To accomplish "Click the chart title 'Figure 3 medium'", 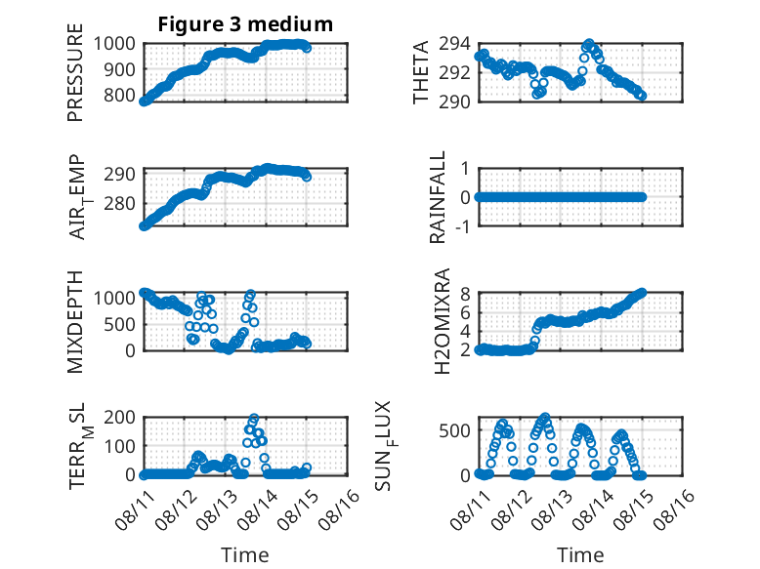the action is (x=245, y=24).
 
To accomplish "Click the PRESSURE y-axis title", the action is (x=75, y=72).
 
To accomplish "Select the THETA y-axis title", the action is (x=421, y=72).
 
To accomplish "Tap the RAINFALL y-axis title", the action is (x=438, y=197).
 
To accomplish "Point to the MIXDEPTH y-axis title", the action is (x=75, y=322).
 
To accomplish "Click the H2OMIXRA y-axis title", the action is (x=443, y=321).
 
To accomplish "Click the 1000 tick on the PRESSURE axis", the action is (x=114, y=44).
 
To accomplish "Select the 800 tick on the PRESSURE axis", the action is (x=120, y=95).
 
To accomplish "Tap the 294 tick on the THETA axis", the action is (x=454, y=44).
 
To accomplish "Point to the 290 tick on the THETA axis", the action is (x=454, y=102).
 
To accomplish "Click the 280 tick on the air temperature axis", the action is (x=120, y=203).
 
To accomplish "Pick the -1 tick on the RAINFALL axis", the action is (x=462, y=226).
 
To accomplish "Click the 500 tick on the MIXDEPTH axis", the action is (x=120, y=324).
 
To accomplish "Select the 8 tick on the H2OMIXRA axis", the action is (x=465, y=294).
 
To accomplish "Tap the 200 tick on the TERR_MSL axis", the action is (x=120, y=417).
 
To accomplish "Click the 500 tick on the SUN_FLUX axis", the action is (x=454, y=430).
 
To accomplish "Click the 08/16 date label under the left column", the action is (x=340, y=509).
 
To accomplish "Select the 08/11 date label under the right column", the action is (x=471, y=509).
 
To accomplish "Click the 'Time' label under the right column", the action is (x=580, y=554).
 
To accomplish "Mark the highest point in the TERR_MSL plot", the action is (x=253, y=418).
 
